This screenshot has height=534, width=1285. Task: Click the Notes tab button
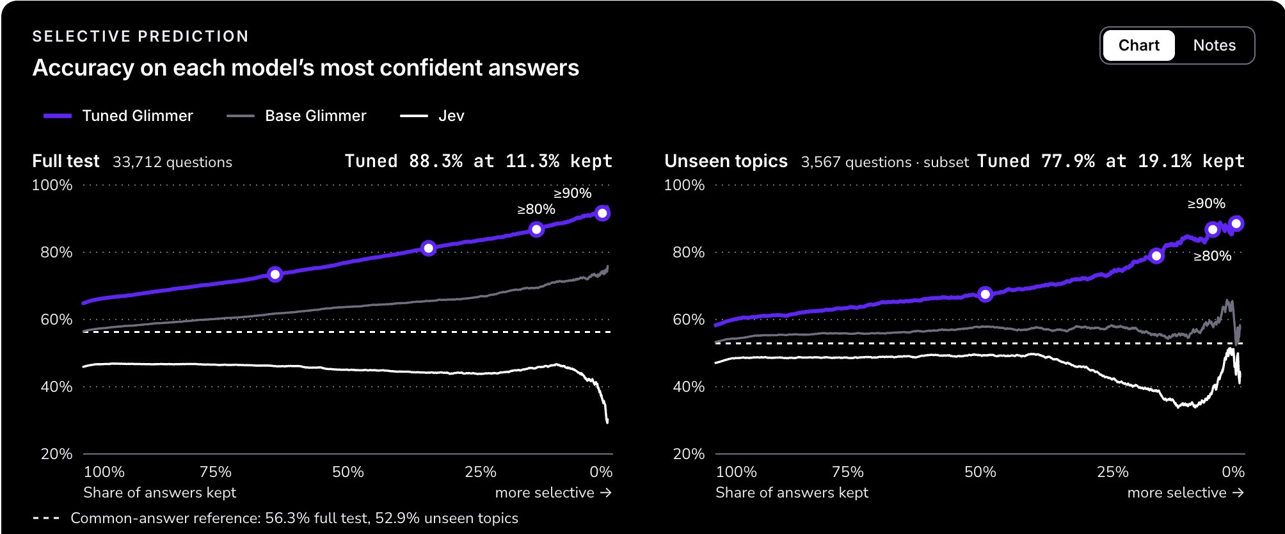(x=1214, y=45)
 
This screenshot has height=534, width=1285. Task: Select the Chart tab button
(x=1139, y=45)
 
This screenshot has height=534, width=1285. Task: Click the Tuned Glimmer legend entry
(x=118, y=116)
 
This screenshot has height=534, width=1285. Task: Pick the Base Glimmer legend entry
(x=296, y=116)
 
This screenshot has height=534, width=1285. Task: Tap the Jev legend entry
(x=432, y=116)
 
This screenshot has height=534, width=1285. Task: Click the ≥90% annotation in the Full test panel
(x=572, y=193)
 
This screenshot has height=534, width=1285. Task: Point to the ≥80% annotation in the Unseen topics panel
(x=1212, y=256)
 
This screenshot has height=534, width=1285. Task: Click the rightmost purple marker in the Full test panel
(x=602, y=213)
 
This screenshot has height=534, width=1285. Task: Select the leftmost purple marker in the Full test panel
(x=275, y=275)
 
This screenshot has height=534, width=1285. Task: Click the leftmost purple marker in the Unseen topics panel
(x=986, y=295)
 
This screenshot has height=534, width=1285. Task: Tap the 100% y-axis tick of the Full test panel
(x=52, y=186)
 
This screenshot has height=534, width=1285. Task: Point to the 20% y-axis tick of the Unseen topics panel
(x=689, y=454)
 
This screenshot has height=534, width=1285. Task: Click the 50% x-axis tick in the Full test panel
(x=348, y=472)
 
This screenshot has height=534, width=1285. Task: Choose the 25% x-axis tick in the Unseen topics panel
(x=1113, y=472)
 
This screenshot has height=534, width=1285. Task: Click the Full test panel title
(x=66, y=161)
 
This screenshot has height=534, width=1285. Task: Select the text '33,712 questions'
(x=173, y=162)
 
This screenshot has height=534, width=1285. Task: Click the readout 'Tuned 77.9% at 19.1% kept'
(x=1111, y=161)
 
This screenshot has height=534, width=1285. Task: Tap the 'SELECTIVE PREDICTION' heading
(x=141, y=36)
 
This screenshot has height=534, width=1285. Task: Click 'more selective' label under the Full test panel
(x=545, y=492)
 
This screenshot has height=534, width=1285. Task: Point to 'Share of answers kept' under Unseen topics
(x=792, y=492)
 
